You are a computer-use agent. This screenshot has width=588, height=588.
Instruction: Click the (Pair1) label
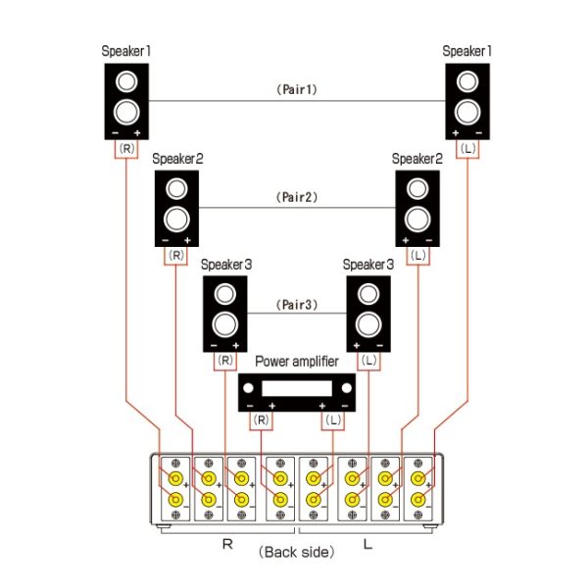coord(295,89)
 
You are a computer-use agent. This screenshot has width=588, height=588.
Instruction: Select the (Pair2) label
coord(295,197)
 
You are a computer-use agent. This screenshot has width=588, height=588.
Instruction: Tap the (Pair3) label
coord(295,305)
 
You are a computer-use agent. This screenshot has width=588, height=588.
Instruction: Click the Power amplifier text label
coord(297,362)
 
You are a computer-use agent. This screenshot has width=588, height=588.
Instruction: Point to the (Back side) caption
coord(296,552)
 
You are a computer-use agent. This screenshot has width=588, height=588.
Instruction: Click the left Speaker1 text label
coord(126,50)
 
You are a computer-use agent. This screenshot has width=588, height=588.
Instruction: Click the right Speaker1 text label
coord(466,50)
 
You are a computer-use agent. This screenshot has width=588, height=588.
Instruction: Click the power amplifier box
coord(297,393)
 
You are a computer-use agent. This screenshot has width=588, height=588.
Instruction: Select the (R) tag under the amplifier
coord(262,419)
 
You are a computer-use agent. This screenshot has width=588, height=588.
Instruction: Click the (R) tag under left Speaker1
coord(127,148)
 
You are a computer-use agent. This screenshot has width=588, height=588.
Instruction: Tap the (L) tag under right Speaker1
coord(467,148)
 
